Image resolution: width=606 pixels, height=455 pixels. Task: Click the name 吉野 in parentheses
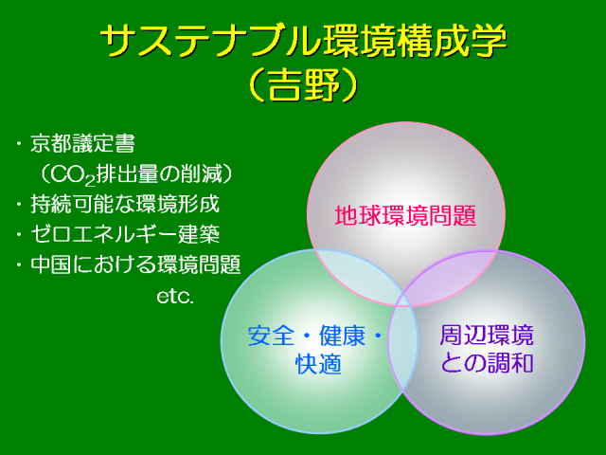pyautogui.click(x=303, y=84)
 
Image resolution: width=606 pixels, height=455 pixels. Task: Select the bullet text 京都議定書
pyautogui.click(x=82, y=143)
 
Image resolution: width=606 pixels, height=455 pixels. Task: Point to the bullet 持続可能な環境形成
pyautogui.click(x=125, y=204)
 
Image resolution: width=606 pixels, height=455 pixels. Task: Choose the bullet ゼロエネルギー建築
pyautogui.click(x=125, y=234)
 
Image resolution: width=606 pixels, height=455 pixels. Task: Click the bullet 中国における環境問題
pyautogui.click(x=135, y=264)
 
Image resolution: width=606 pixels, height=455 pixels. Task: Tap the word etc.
pyautogui.click(x=175, y=297)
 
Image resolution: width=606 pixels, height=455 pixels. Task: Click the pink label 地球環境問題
pyautogui.click(x=405, y=215)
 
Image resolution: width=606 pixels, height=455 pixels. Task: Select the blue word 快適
pyautogui.click(x=318, y=364)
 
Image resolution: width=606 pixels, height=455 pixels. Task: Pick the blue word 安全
pyautogui.click(x=271, y=336)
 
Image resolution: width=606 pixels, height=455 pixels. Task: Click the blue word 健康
pyautogui.click(x=342, y=336)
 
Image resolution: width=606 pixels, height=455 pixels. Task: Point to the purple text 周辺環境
pyautogui.click(x=487, y=335)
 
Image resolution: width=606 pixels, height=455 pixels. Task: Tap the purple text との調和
pyautogui.click(x=487, y=363)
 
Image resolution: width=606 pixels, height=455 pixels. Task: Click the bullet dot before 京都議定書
pyautogui.click(x=18, y=144)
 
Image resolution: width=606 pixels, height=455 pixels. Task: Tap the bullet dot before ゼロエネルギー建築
pyautogui.click(x=18, y=234)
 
